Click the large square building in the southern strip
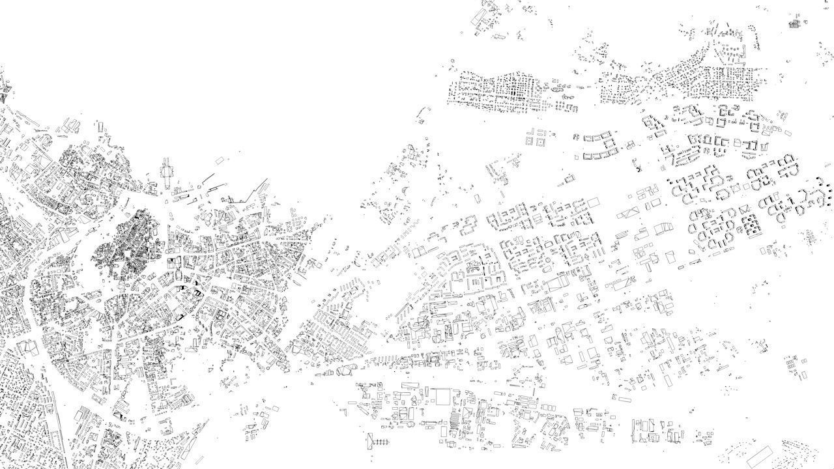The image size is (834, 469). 442,397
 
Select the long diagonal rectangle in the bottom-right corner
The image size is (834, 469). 760,455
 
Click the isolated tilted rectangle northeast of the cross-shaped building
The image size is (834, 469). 220,160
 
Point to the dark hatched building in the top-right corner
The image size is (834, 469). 794,24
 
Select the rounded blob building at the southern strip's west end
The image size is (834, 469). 345,371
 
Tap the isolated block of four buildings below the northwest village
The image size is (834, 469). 537,137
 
